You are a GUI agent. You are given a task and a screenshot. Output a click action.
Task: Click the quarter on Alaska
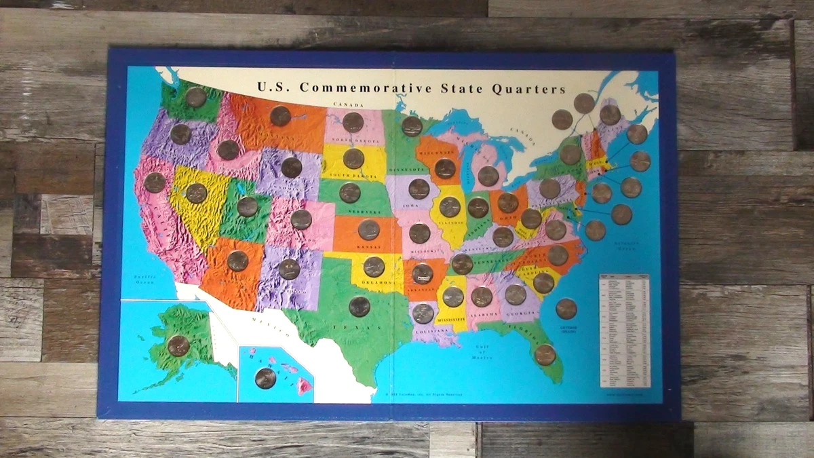coord(178,345)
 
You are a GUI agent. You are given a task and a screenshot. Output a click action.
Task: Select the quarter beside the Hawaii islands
coord(265,378)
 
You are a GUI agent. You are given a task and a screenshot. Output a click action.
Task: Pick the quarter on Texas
coord(360,307)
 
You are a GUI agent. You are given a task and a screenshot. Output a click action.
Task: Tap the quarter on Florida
coord(545,354)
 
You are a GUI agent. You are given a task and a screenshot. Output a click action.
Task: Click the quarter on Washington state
coord(195,97)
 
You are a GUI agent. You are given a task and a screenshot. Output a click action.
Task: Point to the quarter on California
coord(155,183)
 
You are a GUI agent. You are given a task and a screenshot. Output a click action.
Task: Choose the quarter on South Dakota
coord(353,158)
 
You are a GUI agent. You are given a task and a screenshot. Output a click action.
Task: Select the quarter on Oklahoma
coord(374,267)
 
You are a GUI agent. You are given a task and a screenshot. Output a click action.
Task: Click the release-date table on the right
coord(624,330)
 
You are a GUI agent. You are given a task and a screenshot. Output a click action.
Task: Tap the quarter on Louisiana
coord(423,313)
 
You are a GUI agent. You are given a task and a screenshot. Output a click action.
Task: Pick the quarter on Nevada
coord(196,193)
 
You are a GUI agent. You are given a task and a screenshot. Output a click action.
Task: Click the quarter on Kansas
coord(368,230)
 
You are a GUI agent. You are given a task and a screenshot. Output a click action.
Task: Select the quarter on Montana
coord(280,116)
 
